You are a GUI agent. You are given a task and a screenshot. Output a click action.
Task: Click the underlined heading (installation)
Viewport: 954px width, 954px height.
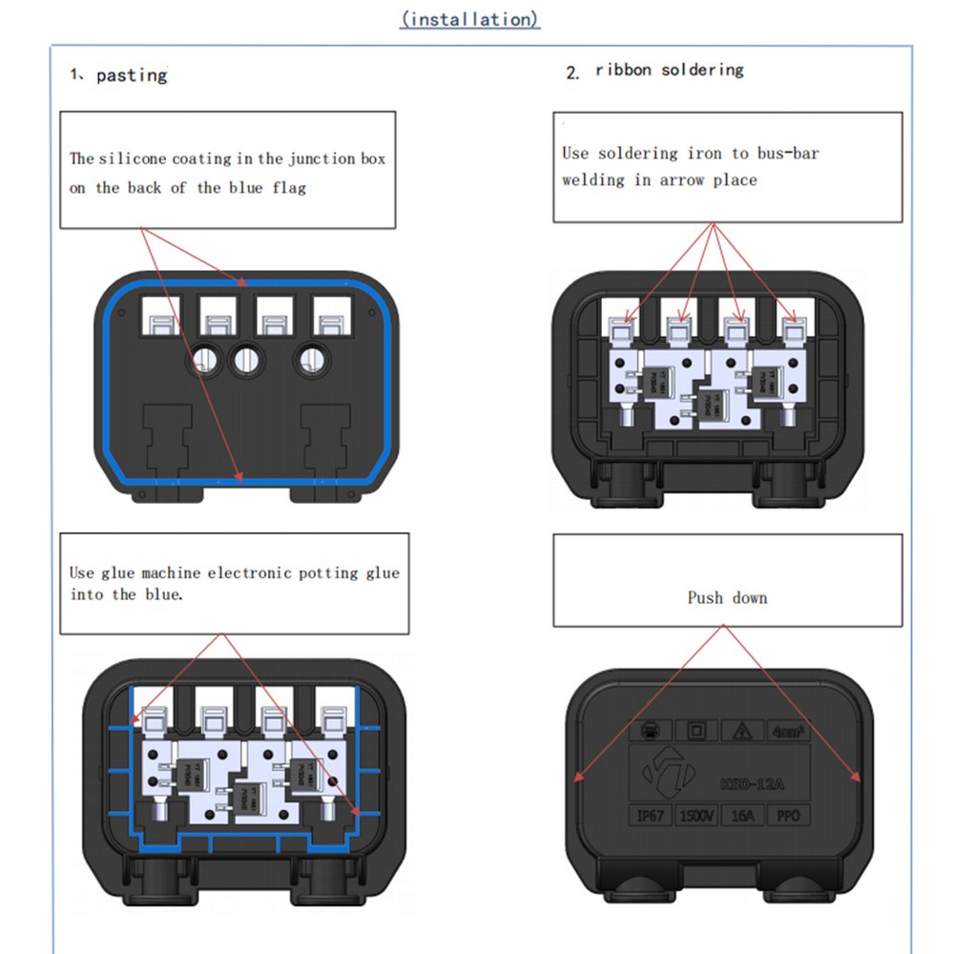469,19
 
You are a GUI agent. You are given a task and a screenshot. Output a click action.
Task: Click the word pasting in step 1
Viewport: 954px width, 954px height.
132,75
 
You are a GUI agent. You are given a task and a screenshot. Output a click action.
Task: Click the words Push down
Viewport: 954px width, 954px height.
727,598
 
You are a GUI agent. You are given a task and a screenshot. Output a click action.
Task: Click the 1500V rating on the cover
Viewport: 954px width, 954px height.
696,817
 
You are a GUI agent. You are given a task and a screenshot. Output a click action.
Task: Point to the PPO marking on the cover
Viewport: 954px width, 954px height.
788,817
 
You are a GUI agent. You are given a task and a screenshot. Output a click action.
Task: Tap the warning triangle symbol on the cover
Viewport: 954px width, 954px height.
740,733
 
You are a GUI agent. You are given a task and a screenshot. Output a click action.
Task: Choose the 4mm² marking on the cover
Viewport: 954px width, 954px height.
788,733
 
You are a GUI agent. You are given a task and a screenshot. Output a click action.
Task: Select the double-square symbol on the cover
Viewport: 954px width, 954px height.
695,733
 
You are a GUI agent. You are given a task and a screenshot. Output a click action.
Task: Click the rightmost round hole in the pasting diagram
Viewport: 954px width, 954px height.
309,361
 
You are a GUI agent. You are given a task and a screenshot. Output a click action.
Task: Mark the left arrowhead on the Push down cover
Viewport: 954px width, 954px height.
577,778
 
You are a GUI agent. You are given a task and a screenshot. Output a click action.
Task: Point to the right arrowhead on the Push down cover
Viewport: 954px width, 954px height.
857,778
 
